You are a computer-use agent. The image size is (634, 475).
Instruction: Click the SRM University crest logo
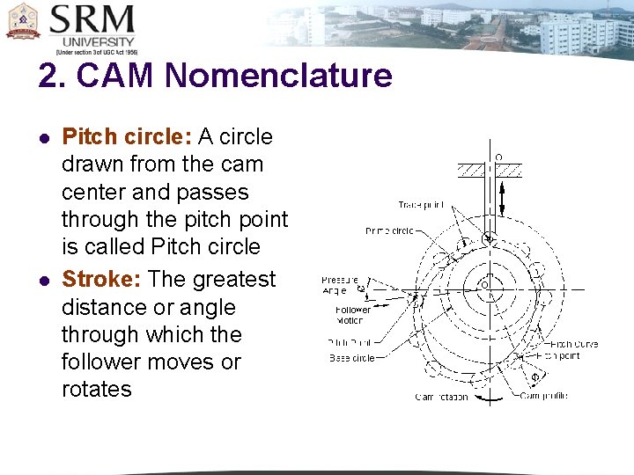pyautogui.click(x=23, y=22)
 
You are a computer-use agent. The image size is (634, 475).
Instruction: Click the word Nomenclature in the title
pyautogui.click(x=277, y=76)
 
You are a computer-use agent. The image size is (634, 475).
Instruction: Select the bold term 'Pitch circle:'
pyautogui.click(x=127, y=137)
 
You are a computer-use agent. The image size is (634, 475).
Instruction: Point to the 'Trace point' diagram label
pyautogui.click(x=422, y=204)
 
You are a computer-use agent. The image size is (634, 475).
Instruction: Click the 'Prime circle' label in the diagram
pyautogui.click(x=390, y=231)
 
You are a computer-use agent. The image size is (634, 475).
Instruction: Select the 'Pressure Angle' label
pyautogui.click(x=338, y=284)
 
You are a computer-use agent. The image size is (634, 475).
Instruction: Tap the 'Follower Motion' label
pyautogui.click(x=353, y=314)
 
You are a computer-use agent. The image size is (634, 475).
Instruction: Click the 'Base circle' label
pyautogui.click(x=352, y=358)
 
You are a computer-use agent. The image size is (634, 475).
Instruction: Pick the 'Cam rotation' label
pyautogui.click(x=442, y=397)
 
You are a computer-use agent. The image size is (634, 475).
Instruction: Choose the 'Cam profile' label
pyautogui.click(x=543, y=397)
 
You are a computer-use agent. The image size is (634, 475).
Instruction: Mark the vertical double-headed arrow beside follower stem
pyautogui.click(x=503, y=198)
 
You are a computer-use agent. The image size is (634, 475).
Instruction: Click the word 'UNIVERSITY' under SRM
pyautogui.click(x=99, y=41)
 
